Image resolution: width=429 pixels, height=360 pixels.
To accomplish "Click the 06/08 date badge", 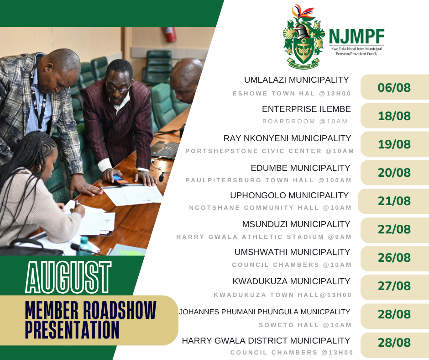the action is tap(395, 87).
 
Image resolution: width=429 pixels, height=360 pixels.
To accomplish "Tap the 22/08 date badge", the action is tap(395, 229).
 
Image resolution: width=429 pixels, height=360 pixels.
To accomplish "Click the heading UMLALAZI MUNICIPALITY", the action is tap(296, 80).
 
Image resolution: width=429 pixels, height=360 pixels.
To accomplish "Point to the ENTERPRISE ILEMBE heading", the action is tap(306, 109).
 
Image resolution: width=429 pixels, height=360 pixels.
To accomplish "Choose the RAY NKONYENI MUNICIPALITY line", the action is tap(287, 138).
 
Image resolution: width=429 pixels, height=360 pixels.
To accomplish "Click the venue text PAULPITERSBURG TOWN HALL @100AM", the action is tap(268, 180).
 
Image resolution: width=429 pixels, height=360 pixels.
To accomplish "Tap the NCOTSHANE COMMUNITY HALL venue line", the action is tap(270, 208).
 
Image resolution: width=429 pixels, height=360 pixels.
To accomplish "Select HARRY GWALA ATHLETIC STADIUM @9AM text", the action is tap(264, 237).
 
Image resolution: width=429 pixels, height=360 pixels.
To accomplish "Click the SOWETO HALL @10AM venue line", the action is tap(305, 325).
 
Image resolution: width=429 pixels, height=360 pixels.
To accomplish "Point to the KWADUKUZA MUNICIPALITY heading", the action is tap(291, 281).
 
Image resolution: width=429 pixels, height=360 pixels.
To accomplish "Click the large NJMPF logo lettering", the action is tap(356, 37).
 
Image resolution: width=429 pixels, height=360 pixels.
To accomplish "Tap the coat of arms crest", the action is tap(303, 37).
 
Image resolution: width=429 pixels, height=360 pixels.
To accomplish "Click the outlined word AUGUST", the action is tap(68, 277).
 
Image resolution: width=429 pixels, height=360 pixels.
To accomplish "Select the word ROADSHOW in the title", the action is tap(119, 310).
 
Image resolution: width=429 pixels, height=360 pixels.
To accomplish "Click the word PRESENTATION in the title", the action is tap(72, 329).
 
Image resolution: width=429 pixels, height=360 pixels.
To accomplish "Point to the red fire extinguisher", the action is tap(170, 34).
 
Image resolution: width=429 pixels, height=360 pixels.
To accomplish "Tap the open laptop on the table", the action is tap(165, 150).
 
